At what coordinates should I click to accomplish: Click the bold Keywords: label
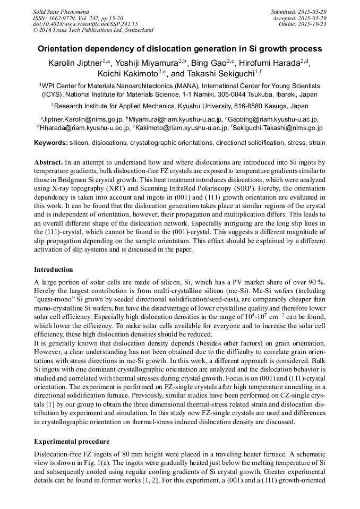pyautogui.click(x=51, y=143)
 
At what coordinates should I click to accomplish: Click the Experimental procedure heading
pyautogui.click(x=72, y=441)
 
